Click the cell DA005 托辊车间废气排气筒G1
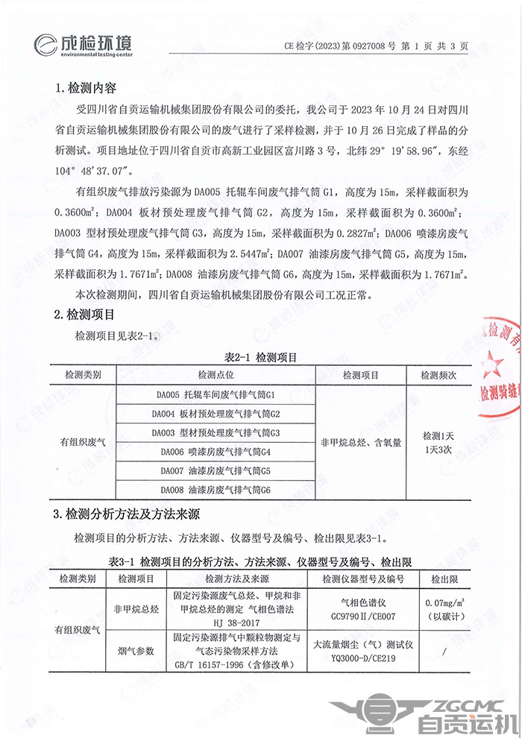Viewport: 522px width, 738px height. pos(216,394)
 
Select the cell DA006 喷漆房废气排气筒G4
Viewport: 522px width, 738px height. pos(216,452)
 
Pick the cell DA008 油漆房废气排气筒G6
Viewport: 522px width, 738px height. pos(216,490)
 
